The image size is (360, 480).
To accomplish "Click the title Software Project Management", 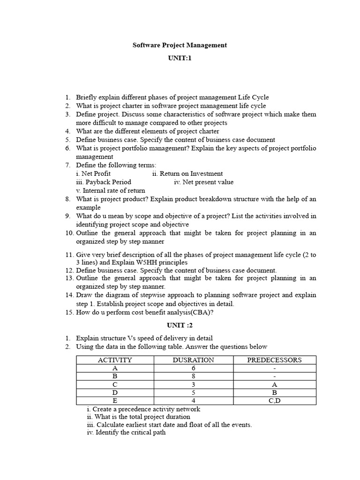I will pyautogui.click(x=180, y=45).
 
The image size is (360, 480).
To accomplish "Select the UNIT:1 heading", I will pyautogui.click(x=180, y=58).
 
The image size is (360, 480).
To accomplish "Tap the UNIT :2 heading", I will pyautogui.click(x=180, y=325).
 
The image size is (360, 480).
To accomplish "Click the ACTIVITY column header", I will pyautogui.click(x=115, y=360).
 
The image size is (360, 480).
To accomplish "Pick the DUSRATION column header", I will pyautogui.click(x=193, y=360).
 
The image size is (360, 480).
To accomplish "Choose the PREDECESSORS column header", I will pyautogui.click(x=275, y=360).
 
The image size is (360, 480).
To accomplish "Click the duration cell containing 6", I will pyautogui.click(x=193, y=368).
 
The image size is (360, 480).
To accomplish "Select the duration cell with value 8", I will pyautogui.click(x=193, y=376).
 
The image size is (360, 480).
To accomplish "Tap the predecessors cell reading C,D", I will pyautogui.click(x=275, y=401).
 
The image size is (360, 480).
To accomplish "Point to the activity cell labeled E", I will pyautogui.click(x=115, y=401).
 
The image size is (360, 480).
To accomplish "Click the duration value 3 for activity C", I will pyautogui.click(x=193, y=384).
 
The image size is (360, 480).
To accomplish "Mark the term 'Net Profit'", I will pyautogui.click(x=96, y=173).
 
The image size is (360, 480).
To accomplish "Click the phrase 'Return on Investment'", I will pyautogui.click(x=192, y=173).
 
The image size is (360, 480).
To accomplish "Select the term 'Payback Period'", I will pyautogui.click(x=108, y=182).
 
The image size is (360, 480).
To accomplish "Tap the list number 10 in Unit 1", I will pyautogui.click(x=69, y=233).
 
